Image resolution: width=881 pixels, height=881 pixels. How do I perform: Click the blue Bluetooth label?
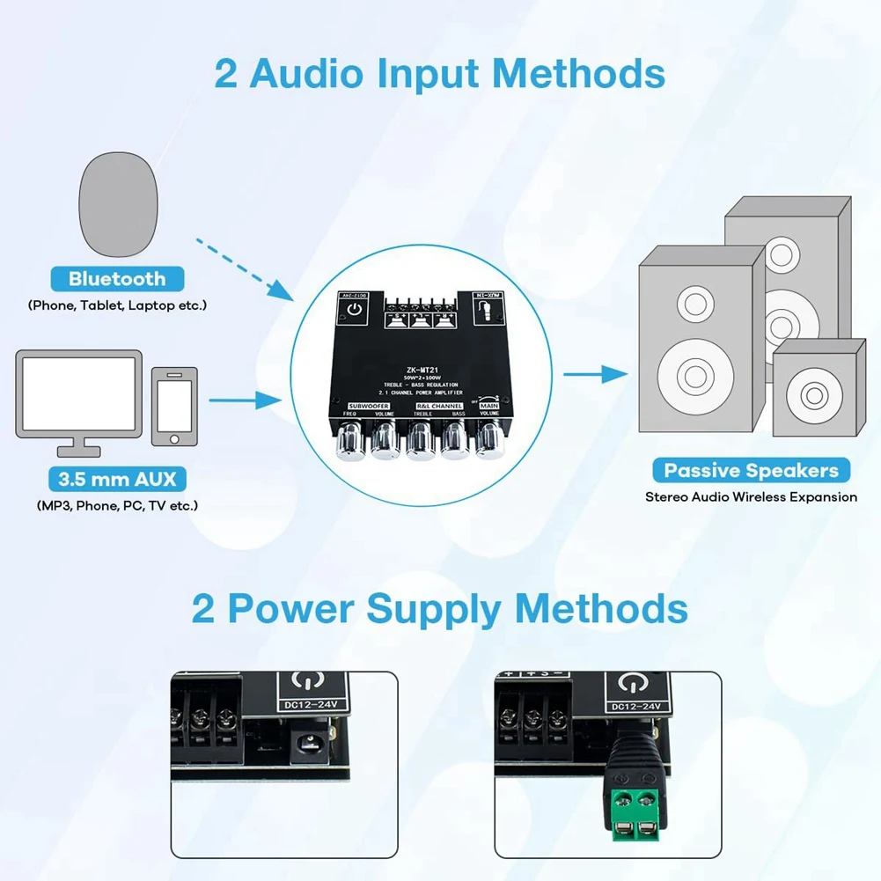coord(117,279)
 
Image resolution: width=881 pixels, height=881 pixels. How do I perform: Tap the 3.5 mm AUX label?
coord(117,480)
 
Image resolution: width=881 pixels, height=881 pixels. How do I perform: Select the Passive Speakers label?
coord(751,470)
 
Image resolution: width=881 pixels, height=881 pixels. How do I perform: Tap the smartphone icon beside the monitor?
coord(174,407)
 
